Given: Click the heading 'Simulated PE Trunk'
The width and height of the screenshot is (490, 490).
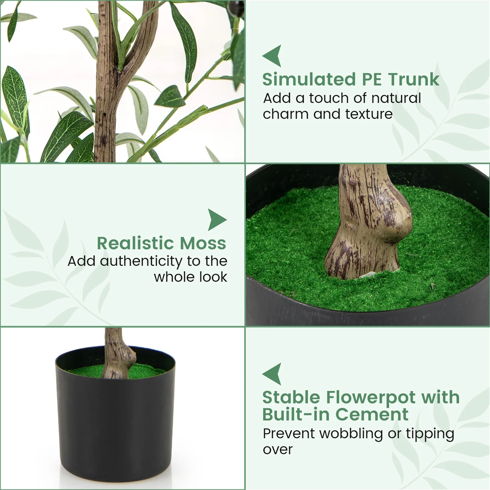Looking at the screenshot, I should coord(351,80).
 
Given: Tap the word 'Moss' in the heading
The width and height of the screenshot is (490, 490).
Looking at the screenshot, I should coord(203,243).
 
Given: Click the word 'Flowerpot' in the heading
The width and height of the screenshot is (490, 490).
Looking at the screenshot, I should coord(371,398).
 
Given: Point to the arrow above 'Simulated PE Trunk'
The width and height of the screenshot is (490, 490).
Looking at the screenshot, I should coord(272,56).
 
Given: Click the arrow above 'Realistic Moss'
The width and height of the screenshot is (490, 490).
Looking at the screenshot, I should coord(217,220).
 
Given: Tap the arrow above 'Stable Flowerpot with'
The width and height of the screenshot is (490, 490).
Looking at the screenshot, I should coord(272,374).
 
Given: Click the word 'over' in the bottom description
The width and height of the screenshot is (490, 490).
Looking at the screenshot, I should coord(277,450).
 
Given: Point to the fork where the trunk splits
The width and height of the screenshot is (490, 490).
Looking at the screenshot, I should coord(118,69).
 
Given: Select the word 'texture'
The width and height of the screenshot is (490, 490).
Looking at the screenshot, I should coord(369,114).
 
